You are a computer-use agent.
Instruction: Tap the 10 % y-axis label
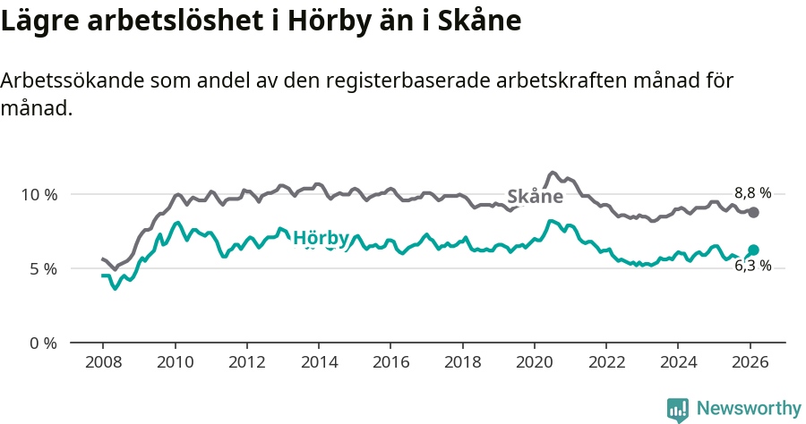39,194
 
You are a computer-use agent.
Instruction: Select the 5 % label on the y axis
42,268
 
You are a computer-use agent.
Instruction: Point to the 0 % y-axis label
42,343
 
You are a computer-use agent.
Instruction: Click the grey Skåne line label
535,197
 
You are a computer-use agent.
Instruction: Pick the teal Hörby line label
321,238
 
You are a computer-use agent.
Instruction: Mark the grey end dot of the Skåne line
754,212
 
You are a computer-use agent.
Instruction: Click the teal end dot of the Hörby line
754,250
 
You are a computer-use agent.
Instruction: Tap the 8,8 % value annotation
752,192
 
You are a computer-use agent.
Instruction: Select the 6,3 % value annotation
752,266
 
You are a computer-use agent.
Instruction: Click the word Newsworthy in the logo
749,409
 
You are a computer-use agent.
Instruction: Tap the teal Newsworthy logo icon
678,410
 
